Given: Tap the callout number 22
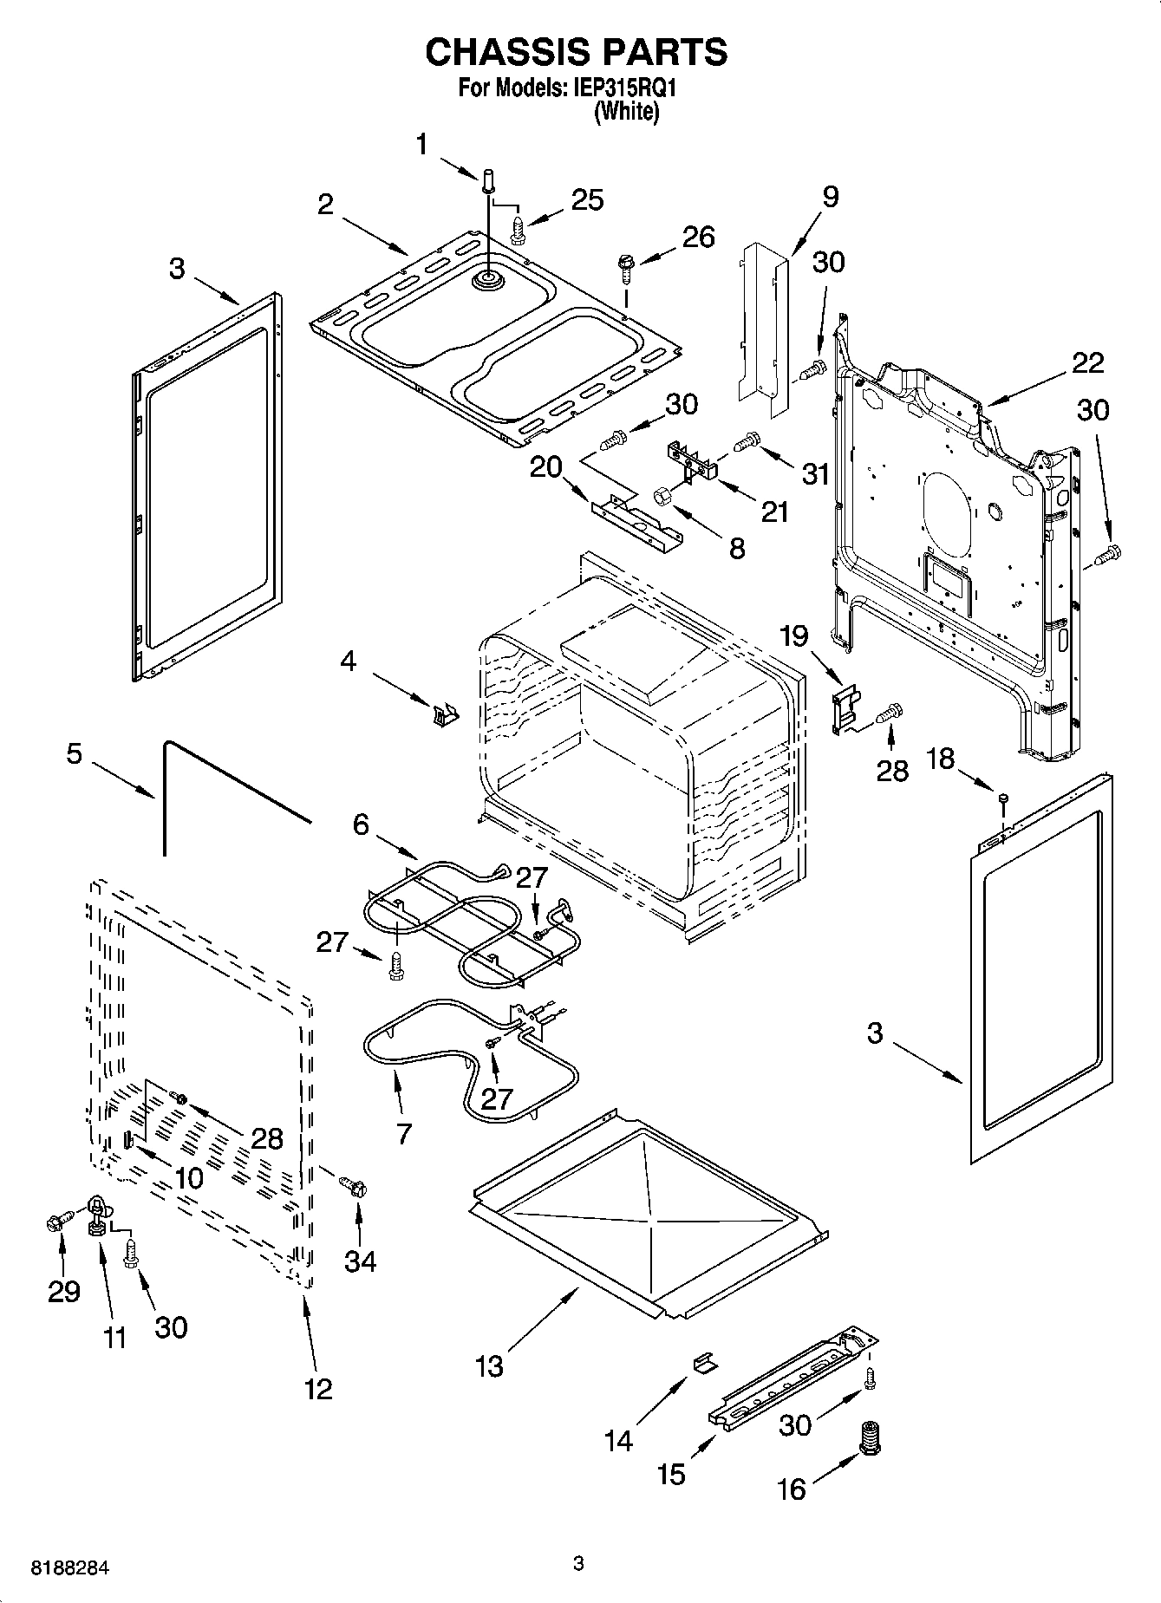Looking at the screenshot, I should point(1087,362).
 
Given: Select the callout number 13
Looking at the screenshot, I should point(489,1367).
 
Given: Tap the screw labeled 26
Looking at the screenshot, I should point(623,265).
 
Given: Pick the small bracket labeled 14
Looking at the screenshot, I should point(705,1362).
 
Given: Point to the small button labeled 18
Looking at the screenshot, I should point(1002,797).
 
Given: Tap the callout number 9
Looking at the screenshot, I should point(829,197).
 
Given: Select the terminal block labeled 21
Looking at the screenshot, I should point(694,460).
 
